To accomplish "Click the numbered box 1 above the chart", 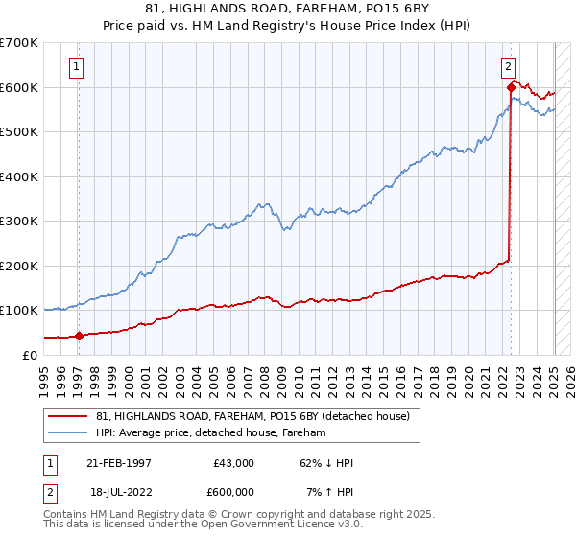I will (76, 67).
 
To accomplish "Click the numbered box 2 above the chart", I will (508, 67).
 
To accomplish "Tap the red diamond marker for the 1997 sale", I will (80, 336).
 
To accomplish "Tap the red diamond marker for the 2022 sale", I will (511, 87).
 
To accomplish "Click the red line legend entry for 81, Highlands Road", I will (253, 416).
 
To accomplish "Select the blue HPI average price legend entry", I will (211, 432).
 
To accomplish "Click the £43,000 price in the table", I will (233, 463).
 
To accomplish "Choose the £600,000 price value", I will (233, 492).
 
